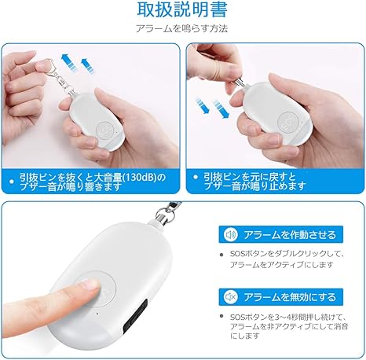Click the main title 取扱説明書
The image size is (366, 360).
click(x=183, y=10)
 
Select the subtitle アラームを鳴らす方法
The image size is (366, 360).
click(x=183, y=28)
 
